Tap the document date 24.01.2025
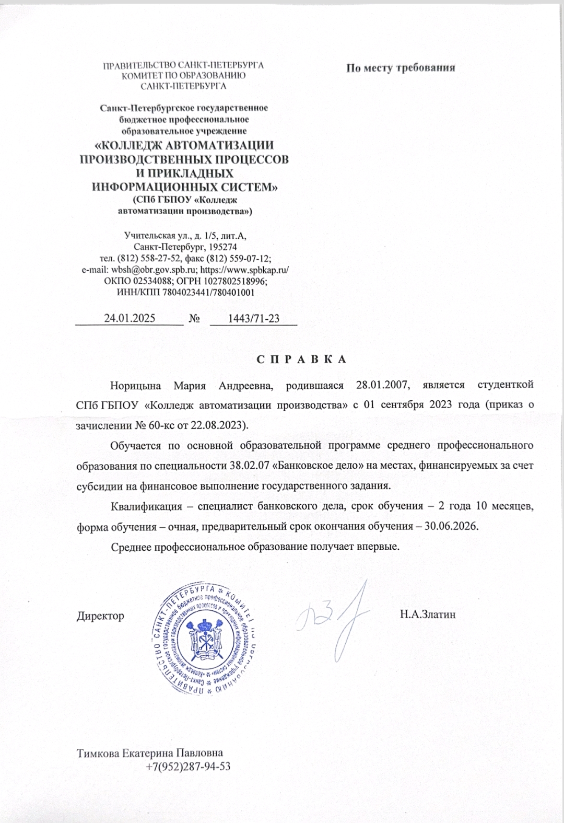pos(130,318)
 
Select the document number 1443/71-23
pos(254,318)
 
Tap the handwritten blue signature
pos(334,617)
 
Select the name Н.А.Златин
pos(428,615)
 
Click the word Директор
pos(101,616)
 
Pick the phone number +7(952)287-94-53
pos(189,767)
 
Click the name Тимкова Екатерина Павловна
pos(150,753)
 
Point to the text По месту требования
pos(401,67)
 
